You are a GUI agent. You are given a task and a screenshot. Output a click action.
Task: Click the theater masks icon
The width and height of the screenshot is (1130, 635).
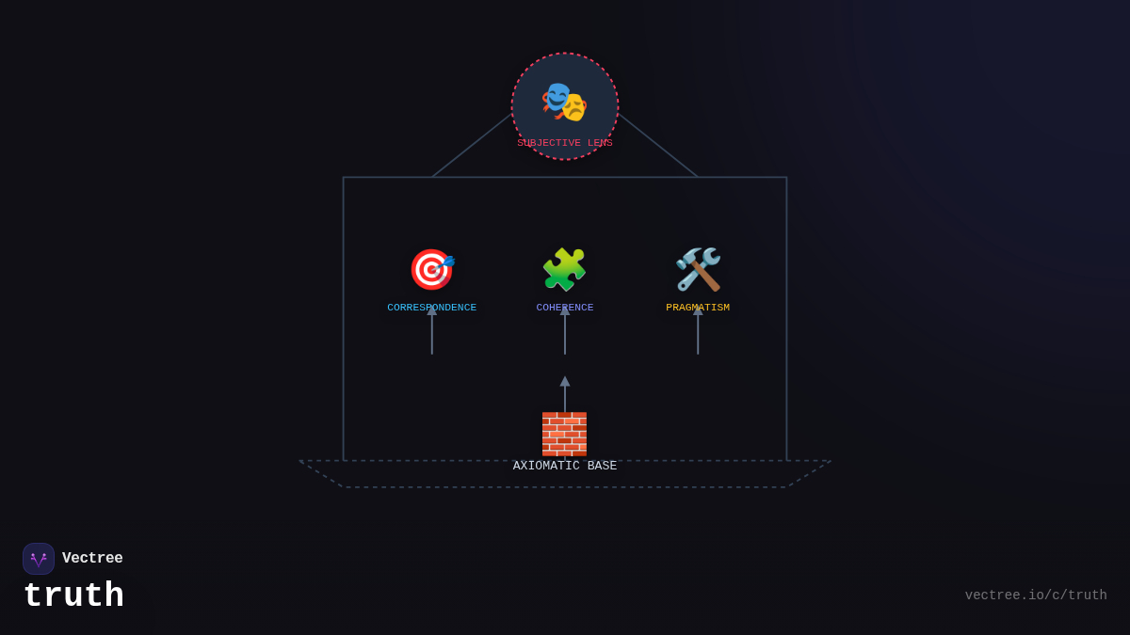tap(564, 102)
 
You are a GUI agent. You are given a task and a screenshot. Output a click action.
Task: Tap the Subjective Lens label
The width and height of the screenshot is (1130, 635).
tap(565, 143)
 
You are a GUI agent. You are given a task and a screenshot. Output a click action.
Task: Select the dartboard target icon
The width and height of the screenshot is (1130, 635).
tap(431, 270)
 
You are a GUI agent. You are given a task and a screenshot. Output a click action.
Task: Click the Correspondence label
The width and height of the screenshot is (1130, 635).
tap(431, 308)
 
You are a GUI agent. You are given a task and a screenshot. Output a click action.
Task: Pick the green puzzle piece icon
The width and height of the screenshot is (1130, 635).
tap(564, 270)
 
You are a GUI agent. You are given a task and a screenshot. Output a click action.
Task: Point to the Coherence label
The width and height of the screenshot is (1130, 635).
tap(565, 308)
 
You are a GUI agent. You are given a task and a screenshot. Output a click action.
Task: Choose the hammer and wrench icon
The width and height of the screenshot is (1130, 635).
tap(698, 270)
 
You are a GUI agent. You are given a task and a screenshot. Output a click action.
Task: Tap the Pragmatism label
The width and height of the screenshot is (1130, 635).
tap(698, 308)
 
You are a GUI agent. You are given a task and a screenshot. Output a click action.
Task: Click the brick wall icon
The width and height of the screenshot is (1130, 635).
tap(564, 434)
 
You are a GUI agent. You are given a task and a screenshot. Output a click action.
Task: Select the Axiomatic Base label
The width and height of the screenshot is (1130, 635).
tap(565, 467)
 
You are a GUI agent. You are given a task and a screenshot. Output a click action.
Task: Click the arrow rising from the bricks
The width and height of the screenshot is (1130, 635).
tap(565, 393)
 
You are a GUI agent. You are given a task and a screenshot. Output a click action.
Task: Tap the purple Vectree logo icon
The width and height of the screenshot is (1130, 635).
tap(39, 559)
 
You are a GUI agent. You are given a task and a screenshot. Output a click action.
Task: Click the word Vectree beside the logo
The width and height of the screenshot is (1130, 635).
tap(92, 559)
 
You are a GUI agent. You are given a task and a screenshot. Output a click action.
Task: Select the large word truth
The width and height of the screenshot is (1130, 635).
tap(73, 596)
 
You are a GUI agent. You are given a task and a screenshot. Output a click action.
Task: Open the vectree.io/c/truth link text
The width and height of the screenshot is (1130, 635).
tap(1036, 595)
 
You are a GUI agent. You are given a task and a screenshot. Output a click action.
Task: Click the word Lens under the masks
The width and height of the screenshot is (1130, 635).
tap(600, 143)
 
